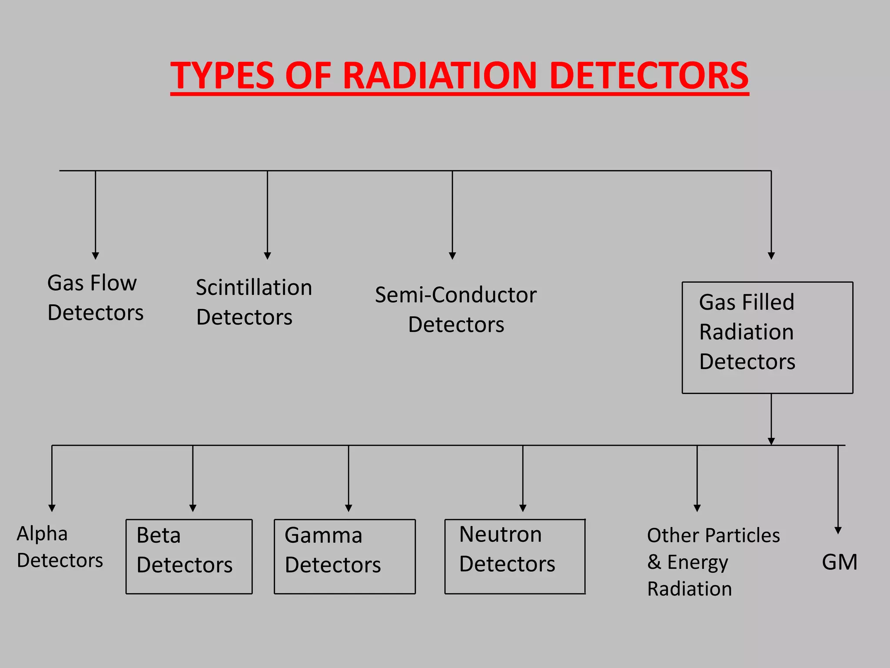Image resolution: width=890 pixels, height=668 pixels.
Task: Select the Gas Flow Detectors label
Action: coord(95,298)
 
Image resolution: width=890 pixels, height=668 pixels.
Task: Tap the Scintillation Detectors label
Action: coord(254,302)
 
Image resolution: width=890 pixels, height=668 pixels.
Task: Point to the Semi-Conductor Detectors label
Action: coord(456,310)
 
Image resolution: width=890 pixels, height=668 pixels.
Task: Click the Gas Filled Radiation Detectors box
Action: coord(767,337)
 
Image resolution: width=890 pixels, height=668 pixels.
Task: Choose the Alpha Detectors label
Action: coord(60,547)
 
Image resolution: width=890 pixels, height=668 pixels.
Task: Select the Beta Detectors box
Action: coord(189,556)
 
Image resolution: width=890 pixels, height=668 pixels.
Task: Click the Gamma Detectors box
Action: coord(345,556)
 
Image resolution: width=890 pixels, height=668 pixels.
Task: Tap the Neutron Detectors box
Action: coord(515,556)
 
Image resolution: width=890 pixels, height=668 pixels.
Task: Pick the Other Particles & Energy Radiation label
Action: coord(713,562)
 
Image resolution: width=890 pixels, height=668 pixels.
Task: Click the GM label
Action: coord(839,562)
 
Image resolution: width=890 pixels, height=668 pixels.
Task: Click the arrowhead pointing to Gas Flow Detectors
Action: coord(96,256)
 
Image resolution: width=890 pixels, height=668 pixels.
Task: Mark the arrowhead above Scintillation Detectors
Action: coord(267,256)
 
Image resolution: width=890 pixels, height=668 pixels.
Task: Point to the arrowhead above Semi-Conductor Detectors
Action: coord(452,256)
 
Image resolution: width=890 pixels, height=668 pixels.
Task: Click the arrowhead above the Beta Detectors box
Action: coord(193,508)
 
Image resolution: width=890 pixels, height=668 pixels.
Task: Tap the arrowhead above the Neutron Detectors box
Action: coord(523,508)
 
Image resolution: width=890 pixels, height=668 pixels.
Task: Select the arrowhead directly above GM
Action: coord(838,531)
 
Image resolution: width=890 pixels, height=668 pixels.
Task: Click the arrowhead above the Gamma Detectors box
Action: coord(349,508)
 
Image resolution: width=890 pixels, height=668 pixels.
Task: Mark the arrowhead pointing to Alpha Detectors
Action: coord(52,508)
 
